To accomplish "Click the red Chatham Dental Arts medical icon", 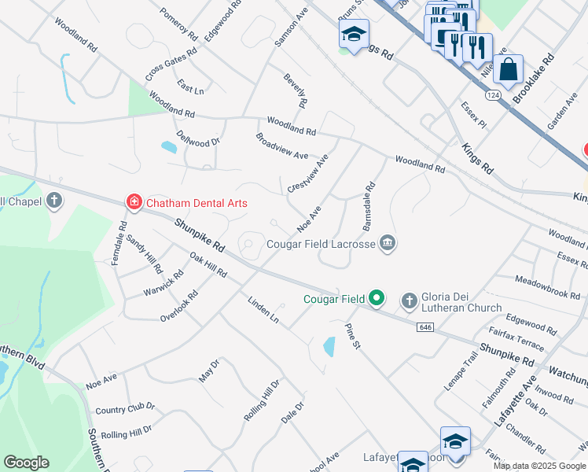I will click(134, 203).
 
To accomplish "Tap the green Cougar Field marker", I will click(377, 298).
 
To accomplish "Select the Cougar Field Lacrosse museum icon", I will click(387, 244).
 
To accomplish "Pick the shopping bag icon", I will click(509, 68).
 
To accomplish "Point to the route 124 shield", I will click(493, 94).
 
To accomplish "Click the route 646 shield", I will click(425, 326).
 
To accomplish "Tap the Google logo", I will click(26, 463).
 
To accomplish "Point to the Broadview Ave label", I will click(281, 146).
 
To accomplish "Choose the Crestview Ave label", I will click(307, 173).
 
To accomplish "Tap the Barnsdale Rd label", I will click(367, 207).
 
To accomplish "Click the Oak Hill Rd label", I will click(208, 264).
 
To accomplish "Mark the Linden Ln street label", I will click(263, 310).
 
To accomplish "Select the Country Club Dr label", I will click(125, 408).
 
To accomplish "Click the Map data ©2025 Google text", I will click(539, 466).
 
